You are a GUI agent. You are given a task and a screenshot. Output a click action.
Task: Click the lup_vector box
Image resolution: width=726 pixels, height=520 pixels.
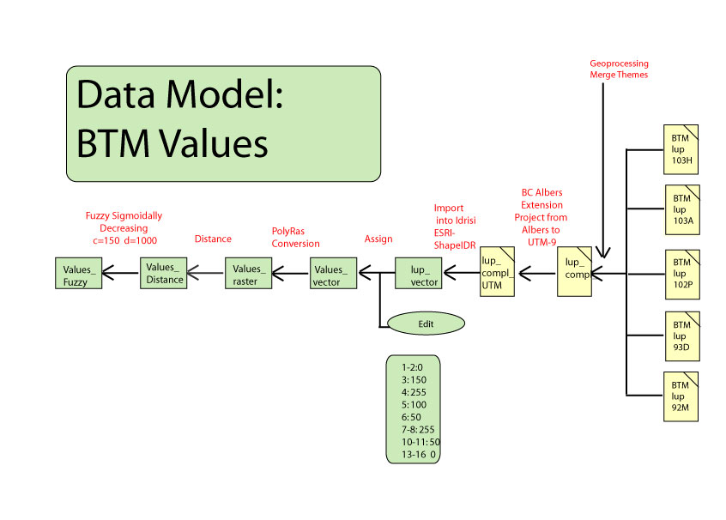418,272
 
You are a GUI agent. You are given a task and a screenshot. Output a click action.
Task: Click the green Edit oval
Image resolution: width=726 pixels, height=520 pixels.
426,323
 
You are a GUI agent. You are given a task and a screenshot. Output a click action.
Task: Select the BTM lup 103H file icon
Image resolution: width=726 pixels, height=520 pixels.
681,148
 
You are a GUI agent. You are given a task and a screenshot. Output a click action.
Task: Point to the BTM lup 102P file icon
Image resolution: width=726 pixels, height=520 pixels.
681,272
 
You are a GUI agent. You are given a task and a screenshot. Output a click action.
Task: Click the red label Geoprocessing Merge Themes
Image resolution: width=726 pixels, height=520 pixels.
619,69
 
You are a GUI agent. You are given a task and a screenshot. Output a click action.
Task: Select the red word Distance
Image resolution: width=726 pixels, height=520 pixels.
213,239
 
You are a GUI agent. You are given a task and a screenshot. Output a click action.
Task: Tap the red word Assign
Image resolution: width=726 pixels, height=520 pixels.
379,239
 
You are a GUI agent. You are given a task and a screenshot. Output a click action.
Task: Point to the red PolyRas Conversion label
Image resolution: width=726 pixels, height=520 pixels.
295,237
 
